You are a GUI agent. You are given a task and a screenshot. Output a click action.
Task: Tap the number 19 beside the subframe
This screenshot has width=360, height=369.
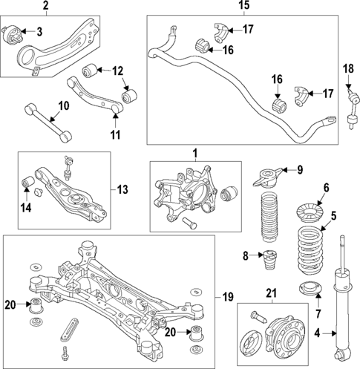pos(228,297)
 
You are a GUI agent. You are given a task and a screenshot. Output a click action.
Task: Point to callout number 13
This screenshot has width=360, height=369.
pos(122,189)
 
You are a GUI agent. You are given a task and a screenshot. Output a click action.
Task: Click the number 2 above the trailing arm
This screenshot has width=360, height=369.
pos(45,6)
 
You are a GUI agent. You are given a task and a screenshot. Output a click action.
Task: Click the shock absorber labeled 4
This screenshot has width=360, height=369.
pos(343,297)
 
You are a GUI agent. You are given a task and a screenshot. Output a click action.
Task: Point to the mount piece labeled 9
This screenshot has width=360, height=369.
pos(269,178)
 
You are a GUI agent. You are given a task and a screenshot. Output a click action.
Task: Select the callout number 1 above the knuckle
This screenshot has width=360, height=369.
pos(194,154)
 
